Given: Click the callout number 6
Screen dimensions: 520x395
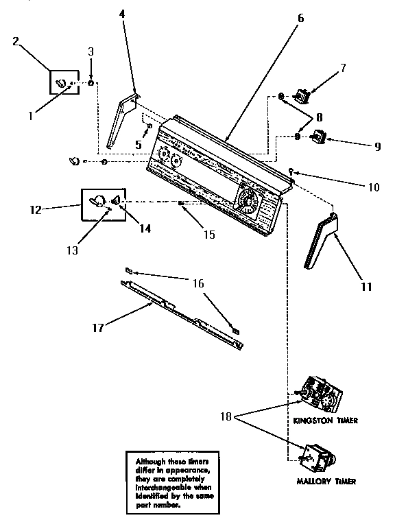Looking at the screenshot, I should pyautogui.click(x=300, y=19).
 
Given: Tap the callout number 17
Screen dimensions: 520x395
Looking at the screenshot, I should pyautogui.click(x=98, y=328).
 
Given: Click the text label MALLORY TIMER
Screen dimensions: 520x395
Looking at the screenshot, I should pyautogui.click(x=326, y=482).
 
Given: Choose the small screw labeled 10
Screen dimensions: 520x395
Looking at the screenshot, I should pyautogui.click(x=292, y=171).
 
